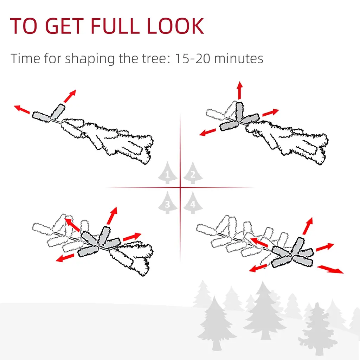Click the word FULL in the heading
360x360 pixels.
tap(115, 26)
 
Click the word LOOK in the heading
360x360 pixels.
tap(175, 26)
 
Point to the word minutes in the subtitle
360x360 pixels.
tap(239, 59)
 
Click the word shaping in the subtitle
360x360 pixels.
tap(90, 59)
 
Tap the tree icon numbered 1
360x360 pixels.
tap(167, 173)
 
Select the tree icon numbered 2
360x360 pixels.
tap(193, 173)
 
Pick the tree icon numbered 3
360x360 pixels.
tap(167, 203)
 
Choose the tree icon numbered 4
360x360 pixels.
tap(193, 203)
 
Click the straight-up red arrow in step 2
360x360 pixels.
tap(240, 90)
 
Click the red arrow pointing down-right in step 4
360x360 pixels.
tap(330, 269)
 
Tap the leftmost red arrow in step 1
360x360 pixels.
tap(22, 109)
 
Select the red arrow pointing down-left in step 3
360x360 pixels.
tap(65, 258)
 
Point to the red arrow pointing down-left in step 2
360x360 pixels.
tap(207, 132)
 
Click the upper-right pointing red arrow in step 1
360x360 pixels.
tap(70, 96)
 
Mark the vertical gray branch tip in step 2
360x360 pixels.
tap(239, 111)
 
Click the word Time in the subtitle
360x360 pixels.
tap(25, 58)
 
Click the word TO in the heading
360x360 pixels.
tap(24, 26)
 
